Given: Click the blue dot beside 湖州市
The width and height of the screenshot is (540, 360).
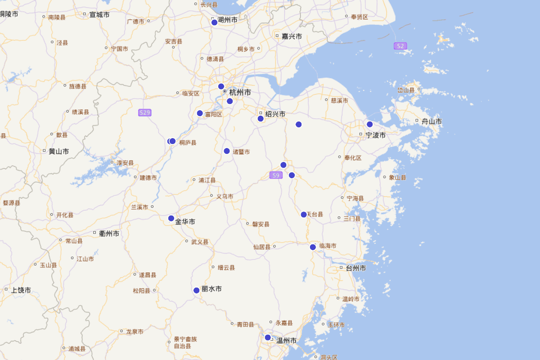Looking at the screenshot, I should pos(214,22).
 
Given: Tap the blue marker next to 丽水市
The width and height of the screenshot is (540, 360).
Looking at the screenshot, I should pos(197,290).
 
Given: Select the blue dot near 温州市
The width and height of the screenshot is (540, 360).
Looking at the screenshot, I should pos(268,337).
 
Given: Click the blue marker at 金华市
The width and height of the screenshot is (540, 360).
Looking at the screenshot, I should pos(171,218).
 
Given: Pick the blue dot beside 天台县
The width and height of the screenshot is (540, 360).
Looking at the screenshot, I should pos(304,215).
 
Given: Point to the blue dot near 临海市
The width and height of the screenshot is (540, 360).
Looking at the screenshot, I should pos(313,247).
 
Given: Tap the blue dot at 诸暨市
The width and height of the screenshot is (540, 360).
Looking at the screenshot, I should pos(227,151).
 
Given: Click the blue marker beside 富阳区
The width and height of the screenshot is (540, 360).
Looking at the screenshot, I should pos(200,113).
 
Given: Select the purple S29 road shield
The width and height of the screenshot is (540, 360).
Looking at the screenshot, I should pos(144,112).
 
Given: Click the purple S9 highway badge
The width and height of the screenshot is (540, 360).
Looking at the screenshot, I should pos(276,175).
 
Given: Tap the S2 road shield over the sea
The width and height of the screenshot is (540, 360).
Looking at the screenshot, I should pos(400,46).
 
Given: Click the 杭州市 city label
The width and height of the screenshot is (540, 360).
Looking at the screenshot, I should pos(240,92).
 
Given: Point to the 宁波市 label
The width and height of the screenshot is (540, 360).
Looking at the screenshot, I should pos(375,135).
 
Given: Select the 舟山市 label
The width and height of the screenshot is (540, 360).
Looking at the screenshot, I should pos(431,121).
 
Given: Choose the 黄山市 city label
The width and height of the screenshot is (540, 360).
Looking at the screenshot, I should pos(58,152).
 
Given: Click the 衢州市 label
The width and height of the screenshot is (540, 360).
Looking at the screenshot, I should pos(109,234).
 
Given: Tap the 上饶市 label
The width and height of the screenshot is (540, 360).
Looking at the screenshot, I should pos(21,290).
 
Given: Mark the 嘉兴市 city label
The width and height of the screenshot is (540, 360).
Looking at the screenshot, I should pos(291,36).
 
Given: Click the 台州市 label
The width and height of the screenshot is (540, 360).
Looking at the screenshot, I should pos(355,268).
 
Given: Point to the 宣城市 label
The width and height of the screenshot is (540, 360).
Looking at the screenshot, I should pos(99,15).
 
